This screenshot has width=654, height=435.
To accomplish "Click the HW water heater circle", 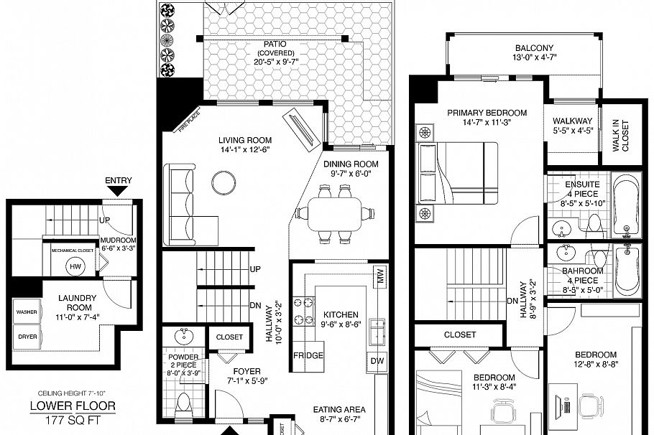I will (73, 266).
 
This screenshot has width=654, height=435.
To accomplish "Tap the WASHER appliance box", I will (27, 312).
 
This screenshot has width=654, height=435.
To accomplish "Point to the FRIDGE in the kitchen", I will (308, 356).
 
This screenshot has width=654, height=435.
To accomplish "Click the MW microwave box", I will (379, 275).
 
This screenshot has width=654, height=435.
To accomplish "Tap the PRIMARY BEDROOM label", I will (487, 113).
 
